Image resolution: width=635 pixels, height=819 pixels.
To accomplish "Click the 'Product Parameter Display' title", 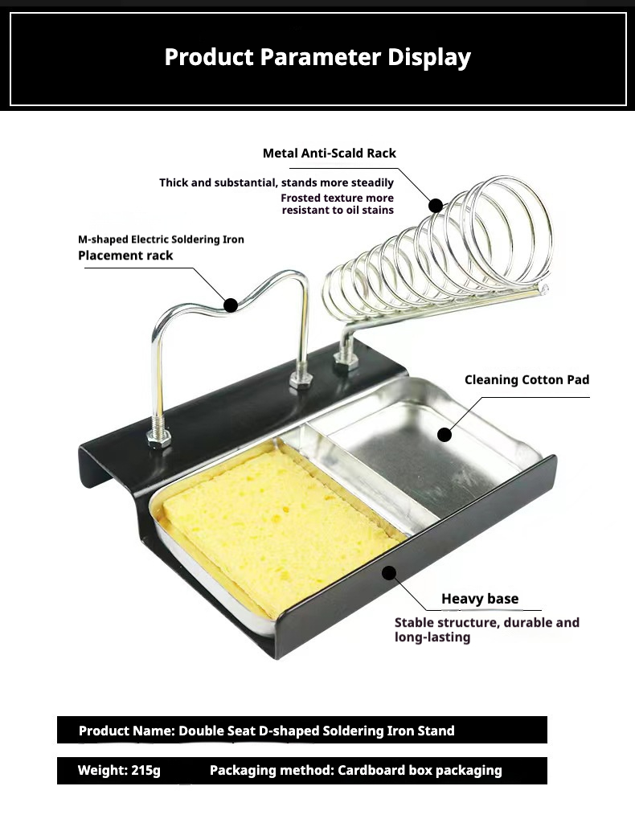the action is pos(317,57).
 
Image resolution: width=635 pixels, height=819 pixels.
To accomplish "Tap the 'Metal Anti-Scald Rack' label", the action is pos(329,153).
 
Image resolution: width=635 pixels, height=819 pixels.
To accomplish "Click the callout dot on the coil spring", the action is pos(436,205).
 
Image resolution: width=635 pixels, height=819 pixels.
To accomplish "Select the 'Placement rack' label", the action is pos(125,256).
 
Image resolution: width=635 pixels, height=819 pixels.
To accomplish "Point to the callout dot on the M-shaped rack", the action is pos(231,305).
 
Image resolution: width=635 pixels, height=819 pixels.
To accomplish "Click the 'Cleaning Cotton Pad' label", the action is pos(527,379).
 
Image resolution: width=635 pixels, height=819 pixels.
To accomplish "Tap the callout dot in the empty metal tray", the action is pos(444,435).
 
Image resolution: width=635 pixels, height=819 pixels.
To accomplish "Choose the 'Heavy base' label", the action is pos(480,599).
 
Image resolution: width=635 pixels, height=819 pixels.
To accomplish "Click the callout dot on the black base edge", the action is pos(388,573).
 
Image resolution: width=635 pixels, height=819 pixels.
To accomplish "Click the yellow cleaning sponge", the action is pos(277,526).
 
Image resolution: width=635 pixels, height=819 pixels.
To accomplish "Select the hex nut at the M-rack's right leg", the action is pos(301,379).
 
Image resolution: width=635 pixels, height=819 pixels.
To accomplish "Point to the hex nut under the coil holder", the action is pos(346,358).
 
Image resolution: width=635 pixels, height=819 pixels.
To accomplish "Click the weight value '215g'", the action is pos(146,771).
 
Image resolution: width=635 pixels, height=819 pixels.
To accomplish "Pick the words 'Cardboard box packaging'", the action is pos(420,771).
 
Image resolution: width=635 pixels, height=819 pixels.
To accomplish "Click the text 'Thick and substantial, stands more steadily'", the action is pos(277,182).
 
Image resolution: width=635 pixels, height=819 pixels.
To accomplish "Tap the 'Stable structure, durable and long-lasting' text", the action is pos(486,629).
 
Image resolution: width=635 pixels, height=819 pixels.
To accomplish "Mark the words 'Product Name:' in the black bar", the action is pos(127,731).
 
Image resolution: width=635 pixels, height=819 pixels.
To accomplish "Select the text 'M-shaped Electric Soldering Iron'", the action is pos(161,240).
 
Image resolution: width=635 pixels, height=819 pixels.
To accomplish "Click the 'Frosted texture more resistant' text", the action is pos(338,203).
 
